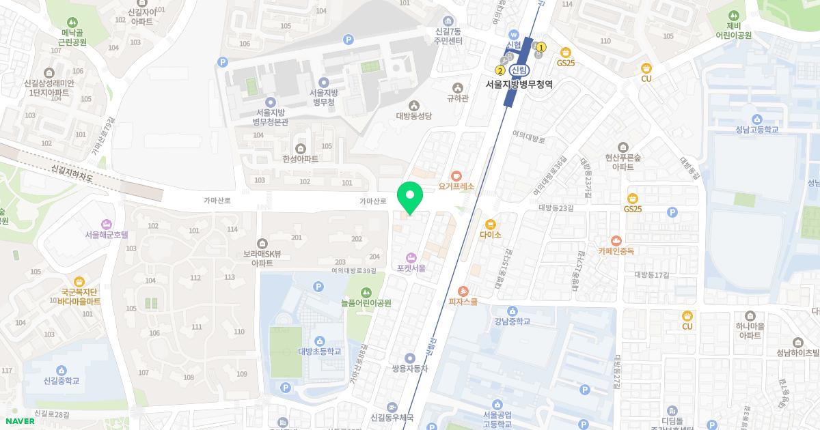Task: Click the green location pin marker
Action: coord(409,198)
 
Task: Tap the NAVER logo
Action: coord(19,420)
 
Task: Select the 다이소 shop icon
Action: coord(490,224)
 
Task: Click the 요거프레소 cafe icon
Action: coord(456,175)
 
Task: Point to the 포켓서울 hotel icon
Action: coord(411,257)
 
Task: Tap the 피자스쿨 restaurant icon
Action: coord(463,291)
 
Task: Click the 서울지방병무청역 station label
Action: coord(519,85)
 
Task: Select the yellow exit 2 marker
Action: coord(500,70)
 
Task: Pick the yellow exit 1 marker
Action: coord(541,47)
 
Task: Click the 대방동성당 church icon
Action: coord(413,105)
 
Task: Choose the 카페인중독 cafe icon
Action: coord(616,240)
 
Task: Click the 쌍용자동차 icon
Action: coord(409,358)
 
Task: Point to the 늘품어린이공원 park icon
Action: coord(366,292)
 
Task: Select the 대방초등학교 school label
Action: coord(319,352)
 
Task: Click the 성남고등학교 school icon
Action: coord(756,119)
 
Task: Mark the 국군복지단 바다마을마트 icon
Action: coord(79,281)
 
